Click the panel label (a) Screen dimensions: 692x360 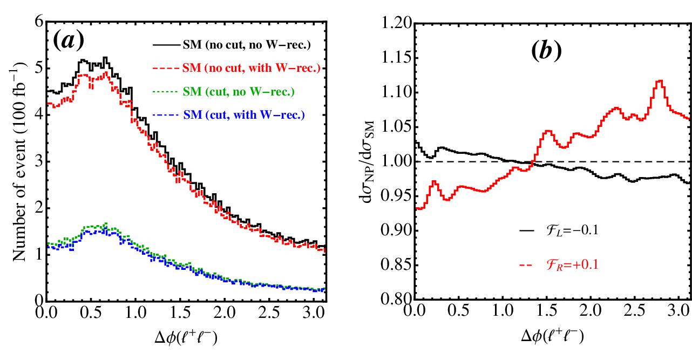pyautogui.click(x=69, y=41)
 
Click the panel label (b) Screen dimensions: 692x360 pyautogui.click(x=546, y=50)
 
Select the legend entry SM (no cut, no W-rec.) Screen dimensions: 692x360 pyautogui.click(x=232, y=45)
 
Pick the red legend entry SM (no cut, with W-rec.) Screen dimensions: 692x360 pyautogui.click(x=236, y=68)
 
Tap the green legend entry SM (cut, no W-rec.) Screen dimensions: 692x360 pyautogui.click(x=223, y=91)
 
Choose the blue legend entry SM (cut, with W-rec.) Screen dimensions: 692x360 pyautogui.click(x=229, y=115)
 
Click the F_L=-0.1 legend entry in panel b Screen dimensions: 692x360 pyautogui.click(x=559, y=230)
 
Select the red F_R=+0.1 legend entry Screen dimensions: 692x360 pyautogui.click(x=559, y=265)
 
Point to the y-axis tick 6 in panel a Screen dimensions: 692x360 pyautogui.click(x=39, y=22)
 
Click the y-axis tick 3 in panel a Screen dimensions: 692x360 pyautogui.click(x=39, y=161)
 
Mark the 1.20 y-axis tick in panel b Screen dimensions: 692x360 pyautogui.click(x=397, y=23)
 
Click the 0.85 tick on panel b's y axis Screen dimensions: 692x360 pyautogui.click(x=397, y=265)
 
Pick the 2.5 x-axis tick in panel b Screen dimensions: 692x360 pyautogui.click(x=635, y=310)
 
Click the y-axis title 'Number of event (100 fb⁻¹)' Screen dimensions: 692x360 pyautogui.click(x=19, y=161)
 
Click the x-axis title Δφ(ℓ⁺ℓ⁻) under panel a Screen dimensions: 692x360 pyautogui.click(x=186, y=337)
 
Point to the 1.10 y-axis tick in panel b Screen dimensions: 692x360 pyautogui.click(x=397, y=92)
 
